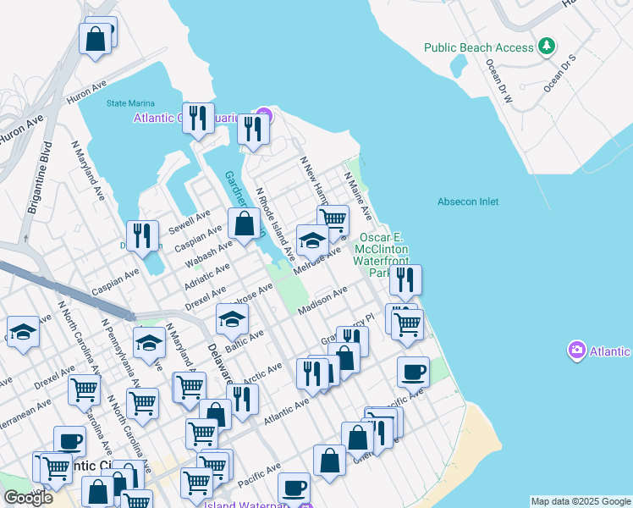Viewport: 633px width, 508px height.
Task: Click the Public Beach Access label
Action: pos(479,47)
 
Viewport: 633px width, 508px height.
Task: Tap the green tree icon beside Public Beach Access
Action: pos(548,46)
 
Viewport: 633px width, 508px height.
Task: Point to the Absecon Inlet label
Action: pos(468,202)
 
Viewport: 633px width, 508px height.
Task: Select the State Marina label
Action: pos(129,104)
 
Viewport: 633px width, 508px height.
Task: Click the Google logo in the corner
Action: pos(28,498)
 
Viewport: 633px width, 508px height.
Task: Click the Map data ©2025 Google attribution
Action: pos(580,501)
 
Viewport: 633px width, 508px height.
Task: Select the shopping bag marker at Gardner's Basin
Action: pos(245,225)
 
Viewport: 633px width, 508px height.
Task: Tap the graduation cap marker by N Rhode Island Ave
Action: pos(312,240)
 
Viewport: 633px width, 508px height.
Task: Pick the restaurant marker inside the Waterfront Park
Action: pos(405,280)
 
